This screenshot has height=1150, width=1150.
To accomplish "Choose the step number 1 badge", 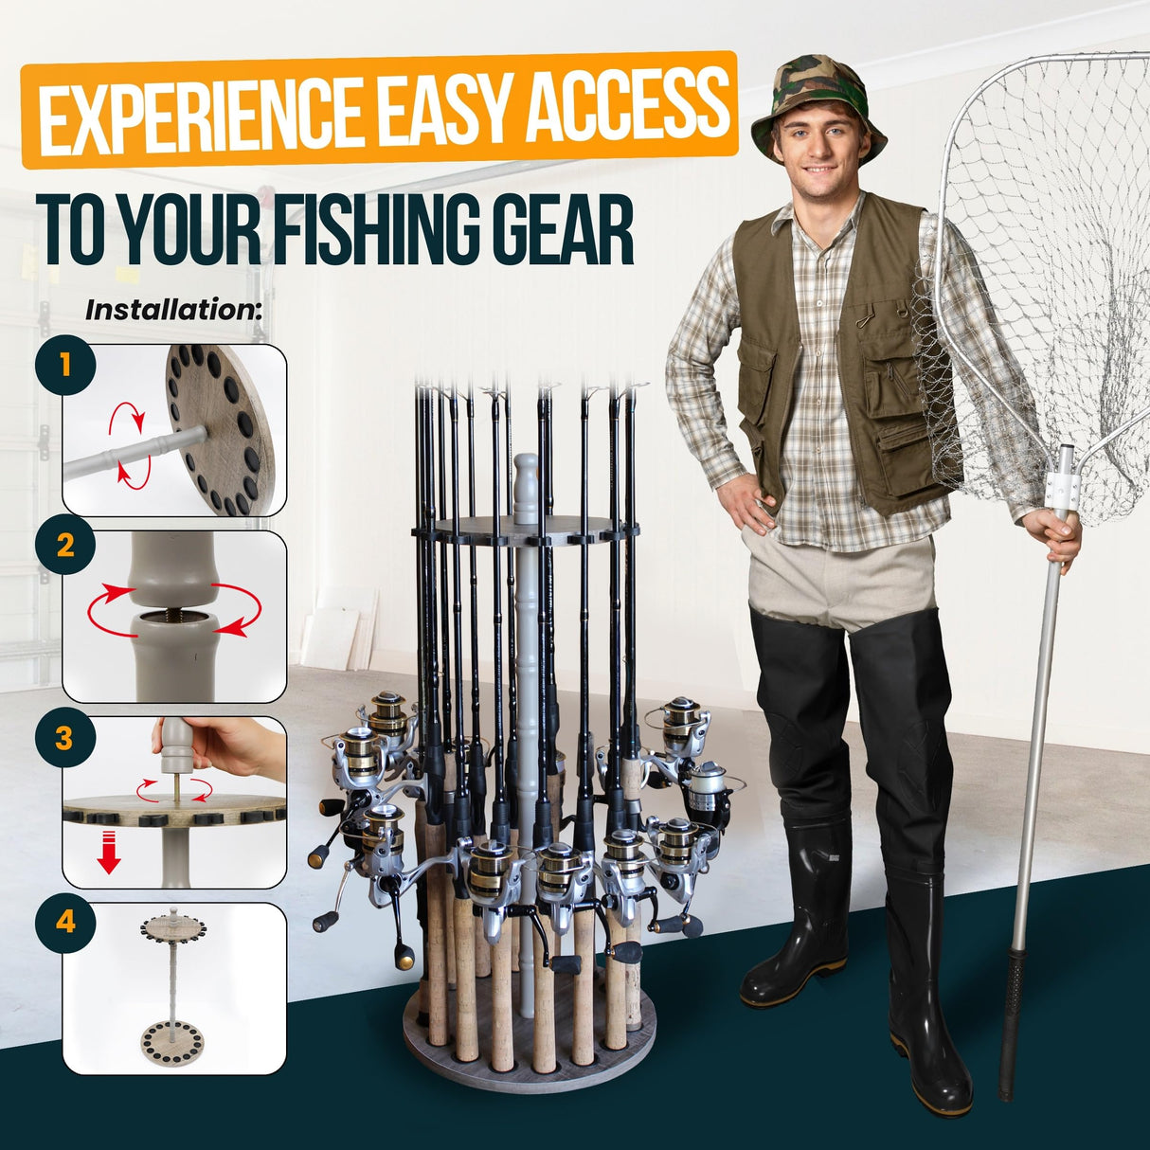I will point(64,365).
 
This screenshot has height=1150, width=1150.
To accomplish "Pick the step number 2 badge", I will point(64,547).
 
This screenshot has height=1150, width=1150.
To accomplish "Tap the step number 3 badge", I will point(64,738).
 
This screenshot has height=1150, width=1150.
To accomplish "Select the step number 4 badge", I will point(64,921).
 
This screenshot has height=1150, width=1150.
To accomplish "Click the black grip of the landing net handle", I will point(1014,1014).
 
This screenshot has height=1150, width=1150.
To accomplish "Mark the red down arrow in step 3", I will point(110,851).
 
